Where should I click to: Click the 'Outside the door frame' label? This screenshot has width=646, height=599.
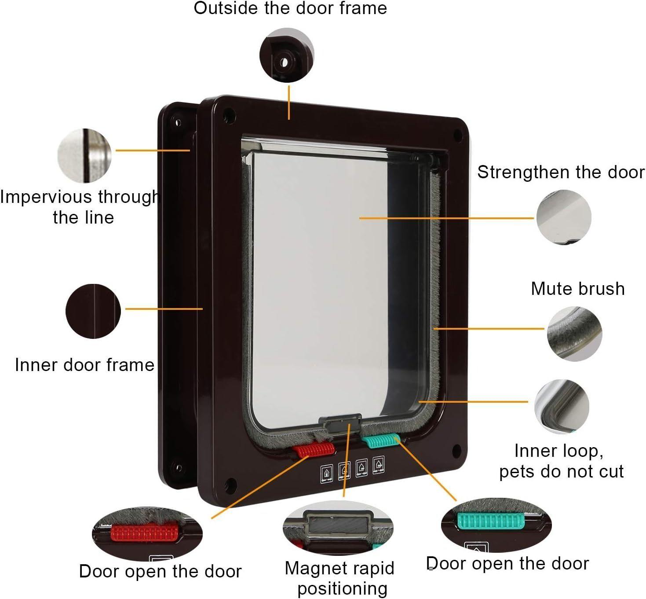click(290, 8)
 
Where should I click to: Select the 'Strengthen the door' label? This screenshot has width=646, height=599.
click(561, 172)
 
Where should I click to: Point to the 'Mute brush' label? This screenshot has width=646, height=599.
click(577, 289)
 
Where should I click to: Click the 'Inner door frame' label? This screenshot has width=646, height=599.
click(84, 365)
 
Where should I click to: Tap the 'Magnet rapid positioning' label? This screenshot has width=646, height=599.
click(339, 578)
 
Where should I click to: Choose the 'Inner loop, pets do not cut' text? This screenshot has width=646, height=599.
click(561, 461)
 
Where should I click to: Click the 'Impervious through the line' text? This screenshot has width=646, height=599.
click(80, 207)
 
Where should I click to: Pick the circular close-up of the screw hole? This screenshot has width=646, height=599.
click(287, 55)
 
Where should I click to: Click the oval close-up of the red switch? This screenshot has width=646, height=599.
click(147, 534)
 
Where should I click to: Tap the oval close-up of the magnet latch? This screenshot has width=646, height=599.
click(338, 527)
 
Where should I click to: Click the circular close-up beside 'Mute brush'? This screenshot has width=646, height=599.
click(574, 334)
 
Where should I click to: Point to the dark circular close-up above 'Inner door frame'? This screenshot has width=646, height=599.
click(93, 311)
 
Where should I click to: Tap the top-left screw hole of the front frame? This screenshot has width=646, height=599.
click(229, 116)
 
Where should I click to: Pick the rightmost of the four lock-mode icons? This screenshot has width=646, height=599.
click(378, 465)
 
